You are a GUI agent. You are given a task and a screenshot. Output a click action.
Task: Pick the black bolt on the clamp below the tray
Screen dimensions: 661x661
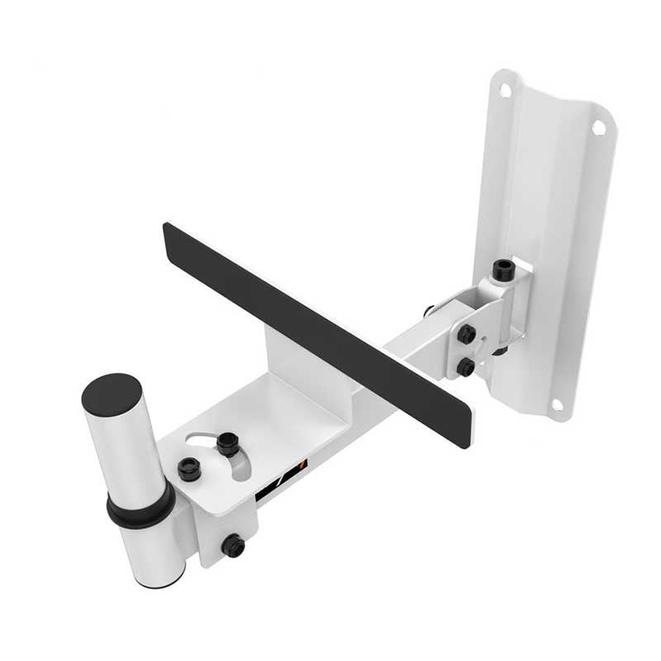pos(233,545)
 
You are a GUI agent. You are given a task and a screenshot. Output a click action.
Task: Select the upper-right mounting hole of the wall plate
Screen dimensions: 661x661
pos(597,127)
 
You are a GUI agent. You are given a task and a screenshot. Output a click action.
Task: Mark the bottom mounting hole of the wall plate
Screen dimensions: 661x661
pos(557,404)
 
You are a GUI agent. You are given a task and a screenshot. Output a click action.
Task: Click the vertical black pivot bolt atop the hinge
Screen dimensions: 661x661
pos(502,271)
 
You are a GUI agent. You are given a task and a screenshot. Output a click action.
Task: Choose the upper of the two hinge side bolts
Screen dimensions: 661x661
pos(467,335)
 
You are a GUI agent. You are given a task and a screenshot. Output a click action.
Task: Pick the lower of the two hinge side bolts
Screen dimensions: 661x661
pos(466,366)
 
